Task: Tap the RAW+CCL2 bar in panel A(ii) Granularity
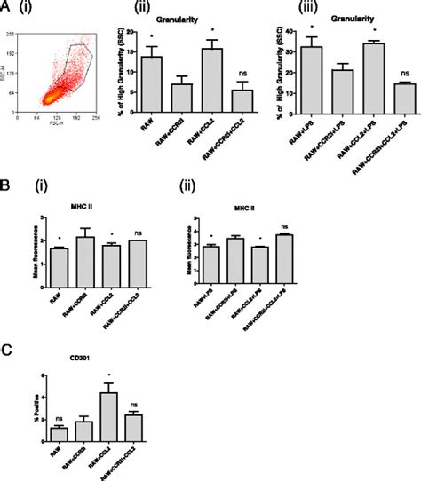click(x=210, y=81)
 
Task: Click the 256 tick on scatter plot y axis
click(x=11, y=33)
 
